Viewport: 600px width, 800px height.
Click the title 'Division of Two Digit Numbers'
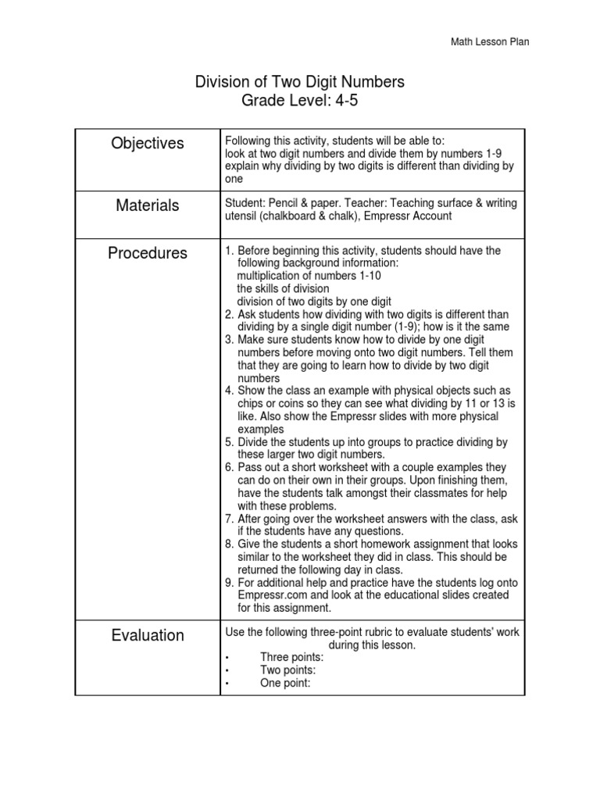tap(299, 82)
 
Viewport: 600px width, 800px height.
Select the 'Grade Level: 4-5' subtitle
tap(299, 101)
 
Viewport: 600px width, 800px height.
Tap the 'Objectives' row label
tap(148, 144)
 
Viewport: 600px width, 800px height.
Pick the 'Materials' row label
tap(148, 205)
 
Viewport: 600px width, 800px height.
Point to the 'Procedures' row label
tap(148, 253)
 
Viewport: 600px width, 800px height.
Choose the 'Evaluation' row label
tap(148, 635)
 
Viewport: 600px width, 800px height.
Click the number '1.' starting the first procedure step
tap(229, 251)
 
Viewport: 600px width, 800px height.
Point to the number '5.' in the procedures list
tap(229, 442)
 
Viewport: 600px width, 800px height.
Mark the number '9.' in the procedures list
tap(229, 583)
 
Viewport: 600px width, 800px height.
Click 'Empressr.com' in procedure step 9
tap(270, 595)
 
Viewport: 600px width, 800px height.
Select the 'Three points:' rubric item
tap(291, 657)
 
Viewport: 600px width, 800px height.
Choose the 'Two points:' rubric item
tap(287, 670)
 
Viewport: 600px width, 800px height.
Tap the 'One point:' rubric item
tap(285, 683)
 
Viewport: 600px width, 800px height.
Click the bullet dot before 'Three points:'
tap(227, 658)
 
